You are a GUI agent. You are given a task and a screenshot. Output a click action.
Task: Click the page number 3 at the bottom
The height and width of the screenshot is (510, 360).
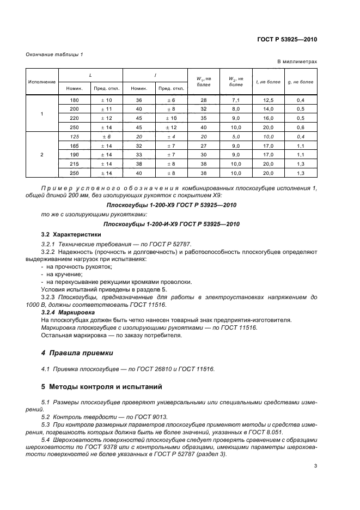tap(316, 465)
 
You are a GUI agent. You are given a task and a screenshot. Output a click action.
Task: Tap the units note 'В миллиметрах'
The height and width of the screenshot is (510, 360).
tap(297, 62)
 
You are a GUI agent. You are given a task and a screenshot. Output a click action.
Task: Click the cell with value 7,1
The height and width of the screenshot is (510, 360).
tap(236, 100)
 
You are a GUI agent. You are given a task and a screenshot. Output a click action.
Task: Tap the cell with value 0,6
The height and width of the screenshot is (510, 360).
tap(300, 127)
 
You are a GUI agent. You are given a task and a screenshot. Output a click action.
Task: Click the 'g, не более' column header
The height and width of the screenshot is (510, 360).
tap(300, 82)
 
